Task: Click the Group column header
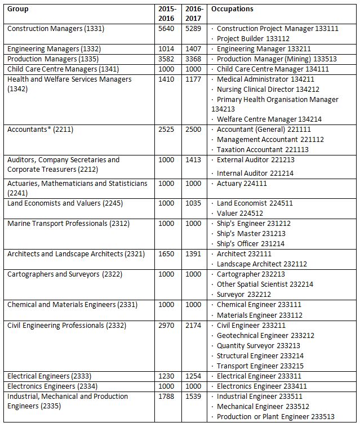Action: pyautogui.click(x=18, y=9)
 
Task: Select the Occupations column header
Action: pyautogui.click(x=232, y=9)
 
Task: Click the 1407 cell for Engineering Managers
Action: pyautogui.click(x=193, y=49)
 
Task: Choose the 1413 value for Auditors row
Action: pyautogui.click(x=193, y=160)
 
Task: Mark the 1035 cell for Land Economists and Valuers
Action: pyautogui.click(x=193, y=203)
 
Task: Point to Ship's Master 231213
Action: pyautogui.click(x=251, y=234)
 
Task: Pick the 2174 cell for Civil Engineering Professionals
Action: pyautogui.click(x=193, y=326)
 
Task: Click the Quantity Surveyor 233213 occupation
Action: pyautogui.click(x=258, y=346)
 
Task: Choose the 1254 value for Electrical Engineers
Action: pyautogui.click(x=193, y=376)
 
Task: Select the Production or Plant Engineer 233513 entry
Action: pyautogui.click(x=275, y=417)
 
